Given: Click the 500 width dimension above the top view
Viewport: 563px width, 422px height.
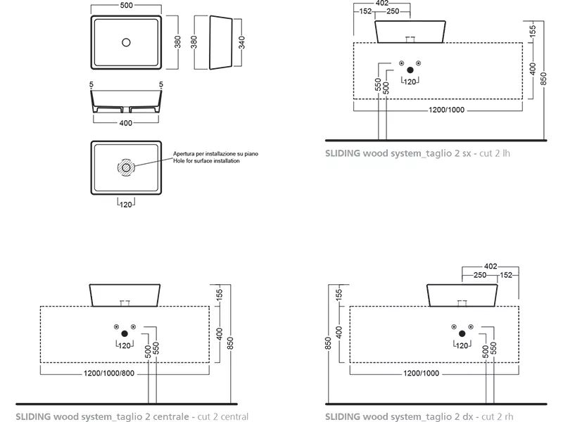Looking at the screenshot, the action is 126,6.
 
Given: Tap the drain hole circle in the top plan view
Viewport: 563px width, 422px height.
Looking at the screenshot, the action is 126,42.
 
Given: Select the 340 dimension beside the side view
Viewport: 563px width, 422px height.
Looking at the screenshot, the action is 241,42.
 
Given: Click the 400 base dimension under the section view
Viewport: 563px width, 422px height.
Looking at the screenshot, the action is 126,123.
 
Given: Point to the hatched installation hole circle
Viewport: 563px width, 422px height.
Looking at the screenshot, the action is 126,167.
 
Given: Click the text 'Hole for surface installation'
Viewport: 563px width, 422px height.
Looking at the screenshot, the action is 206,161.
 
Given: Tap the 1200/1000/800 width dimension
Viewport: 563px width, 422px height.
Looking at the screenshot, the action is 109,373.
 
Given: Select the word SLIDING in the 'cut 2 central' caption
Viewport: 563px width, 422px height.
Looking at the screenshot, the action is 33,416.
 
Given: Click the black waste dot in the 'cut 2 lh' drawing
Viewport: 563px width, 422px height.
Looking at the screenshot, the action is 410,70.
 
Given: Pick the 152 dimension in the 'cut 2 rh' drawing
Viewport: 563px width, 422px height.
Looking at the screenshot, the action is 506,275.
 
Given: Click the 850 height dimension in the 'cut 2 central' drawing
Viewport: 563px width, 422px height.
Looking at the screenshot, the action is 231,343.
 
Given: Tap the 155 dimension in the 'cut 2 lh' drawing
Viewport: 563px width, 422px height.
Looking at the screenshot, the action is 533,31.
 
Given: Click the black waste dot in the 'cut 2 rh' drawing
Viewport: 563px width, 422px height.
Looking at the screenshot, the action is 462,333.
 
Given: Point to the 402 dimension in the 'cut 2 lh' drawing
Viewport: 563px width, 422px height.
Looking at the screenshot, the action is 382,4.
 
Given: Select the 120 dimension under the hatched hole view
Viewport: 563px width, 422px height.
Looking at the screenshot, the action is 126,205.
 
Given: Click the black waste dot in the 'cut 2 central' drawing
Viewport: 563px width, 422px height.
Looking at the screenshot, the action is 125,333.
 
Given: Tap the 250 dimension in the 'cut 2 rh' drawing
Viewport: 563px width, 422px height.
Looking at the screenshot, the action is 480,275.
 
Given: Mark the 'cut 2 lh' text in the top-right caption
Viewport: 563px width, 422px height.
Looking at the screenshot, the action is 495,153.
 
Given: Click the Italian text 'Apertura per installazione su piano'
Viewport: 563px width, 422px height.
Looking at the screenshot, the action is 215,154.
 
